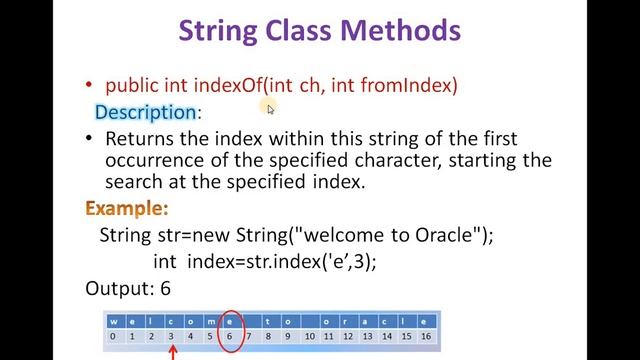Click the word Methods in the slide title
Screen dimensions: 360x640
tap(400, 30)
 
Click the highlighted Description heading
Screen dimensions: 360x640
tap(145, 112)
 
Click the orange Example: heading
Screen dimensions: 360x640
tap(127, 209)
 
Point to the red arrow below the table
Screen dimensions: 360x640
tap(172, 350)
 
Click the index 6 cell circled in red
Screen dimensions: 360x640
tap(230, 337)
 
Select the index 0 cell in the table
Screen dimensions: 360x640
tap(114, 337)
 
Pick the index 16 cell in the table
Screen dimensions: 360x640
tap(426, 337)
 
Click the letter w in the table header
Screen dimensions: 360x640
tap(114, 321)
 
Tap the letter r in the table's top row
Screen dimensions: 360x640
tap(348, 321)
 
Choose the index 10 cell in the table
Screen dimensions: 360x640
tap(309, 337)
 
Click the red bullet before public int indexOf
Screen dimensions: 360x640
tap(91, 86)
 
